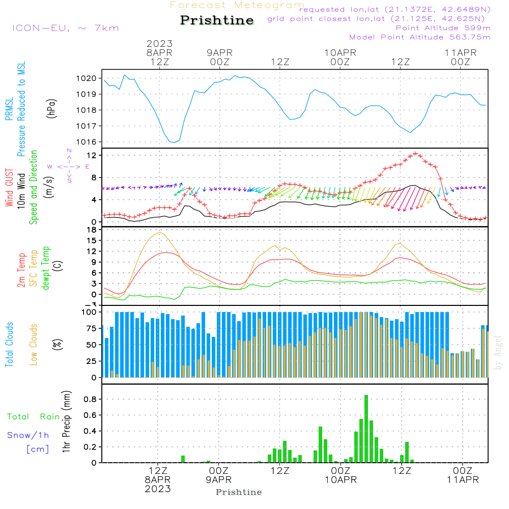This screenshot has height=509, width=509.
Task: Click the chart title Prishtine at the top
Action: (x=217, y=20)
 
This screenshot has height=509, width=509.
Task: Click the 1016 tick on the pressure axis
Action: (x=87, y=142)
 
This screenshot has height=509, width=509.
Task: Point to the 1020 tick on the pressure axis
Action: (x=87, y=78)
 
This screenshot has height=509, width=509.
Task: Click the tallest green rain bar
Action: (x=366, y=429)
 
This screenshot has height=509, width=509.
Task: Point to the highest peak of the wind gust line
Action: (x=416, y=153)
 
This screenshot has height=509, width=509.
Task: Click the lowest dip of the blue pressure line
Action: (x=174, y=143)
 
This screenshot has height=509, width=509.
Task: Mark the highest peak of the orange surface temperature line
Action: (x=160, y=232)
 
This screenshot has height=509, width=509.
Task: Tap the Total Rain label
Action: (x=34, y=417)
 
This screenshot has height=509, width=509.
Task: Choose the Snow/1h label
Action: (x=29, y=435)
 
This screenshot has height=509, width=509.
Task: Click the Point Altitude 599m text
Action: (x=443, y=27)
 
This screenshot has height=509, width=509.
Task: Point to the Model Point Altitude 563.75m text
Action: (x=420, y=37)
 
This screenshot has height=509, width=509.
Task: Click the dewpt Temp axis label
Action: (x=46, y=268)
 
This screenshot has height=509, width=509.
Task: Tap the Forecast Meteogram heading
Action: (x=237, y=5)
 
